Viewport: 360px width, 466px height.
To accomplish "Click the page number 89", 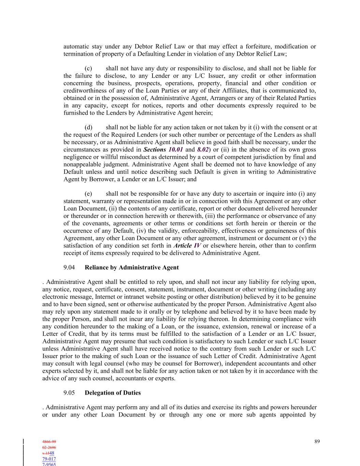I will [317, 441].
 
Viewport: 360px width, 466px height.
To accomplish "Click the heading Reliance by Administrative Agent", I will [131, 267].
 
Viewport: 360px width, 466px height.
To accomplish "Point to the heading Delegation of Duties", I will [113, 393].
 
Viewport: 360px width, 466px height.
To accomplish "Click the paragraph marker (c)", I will [88, 68].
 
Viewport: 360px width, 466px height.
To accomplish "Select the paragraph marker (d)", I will [88, 127].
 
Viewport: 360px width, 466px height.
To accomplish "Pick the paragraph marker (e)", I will [88, 194].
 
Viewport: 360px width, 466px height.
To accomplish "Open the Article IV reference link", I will [187, 245].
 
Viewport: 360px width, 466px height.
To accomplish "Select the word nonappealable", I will [81, 164].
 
